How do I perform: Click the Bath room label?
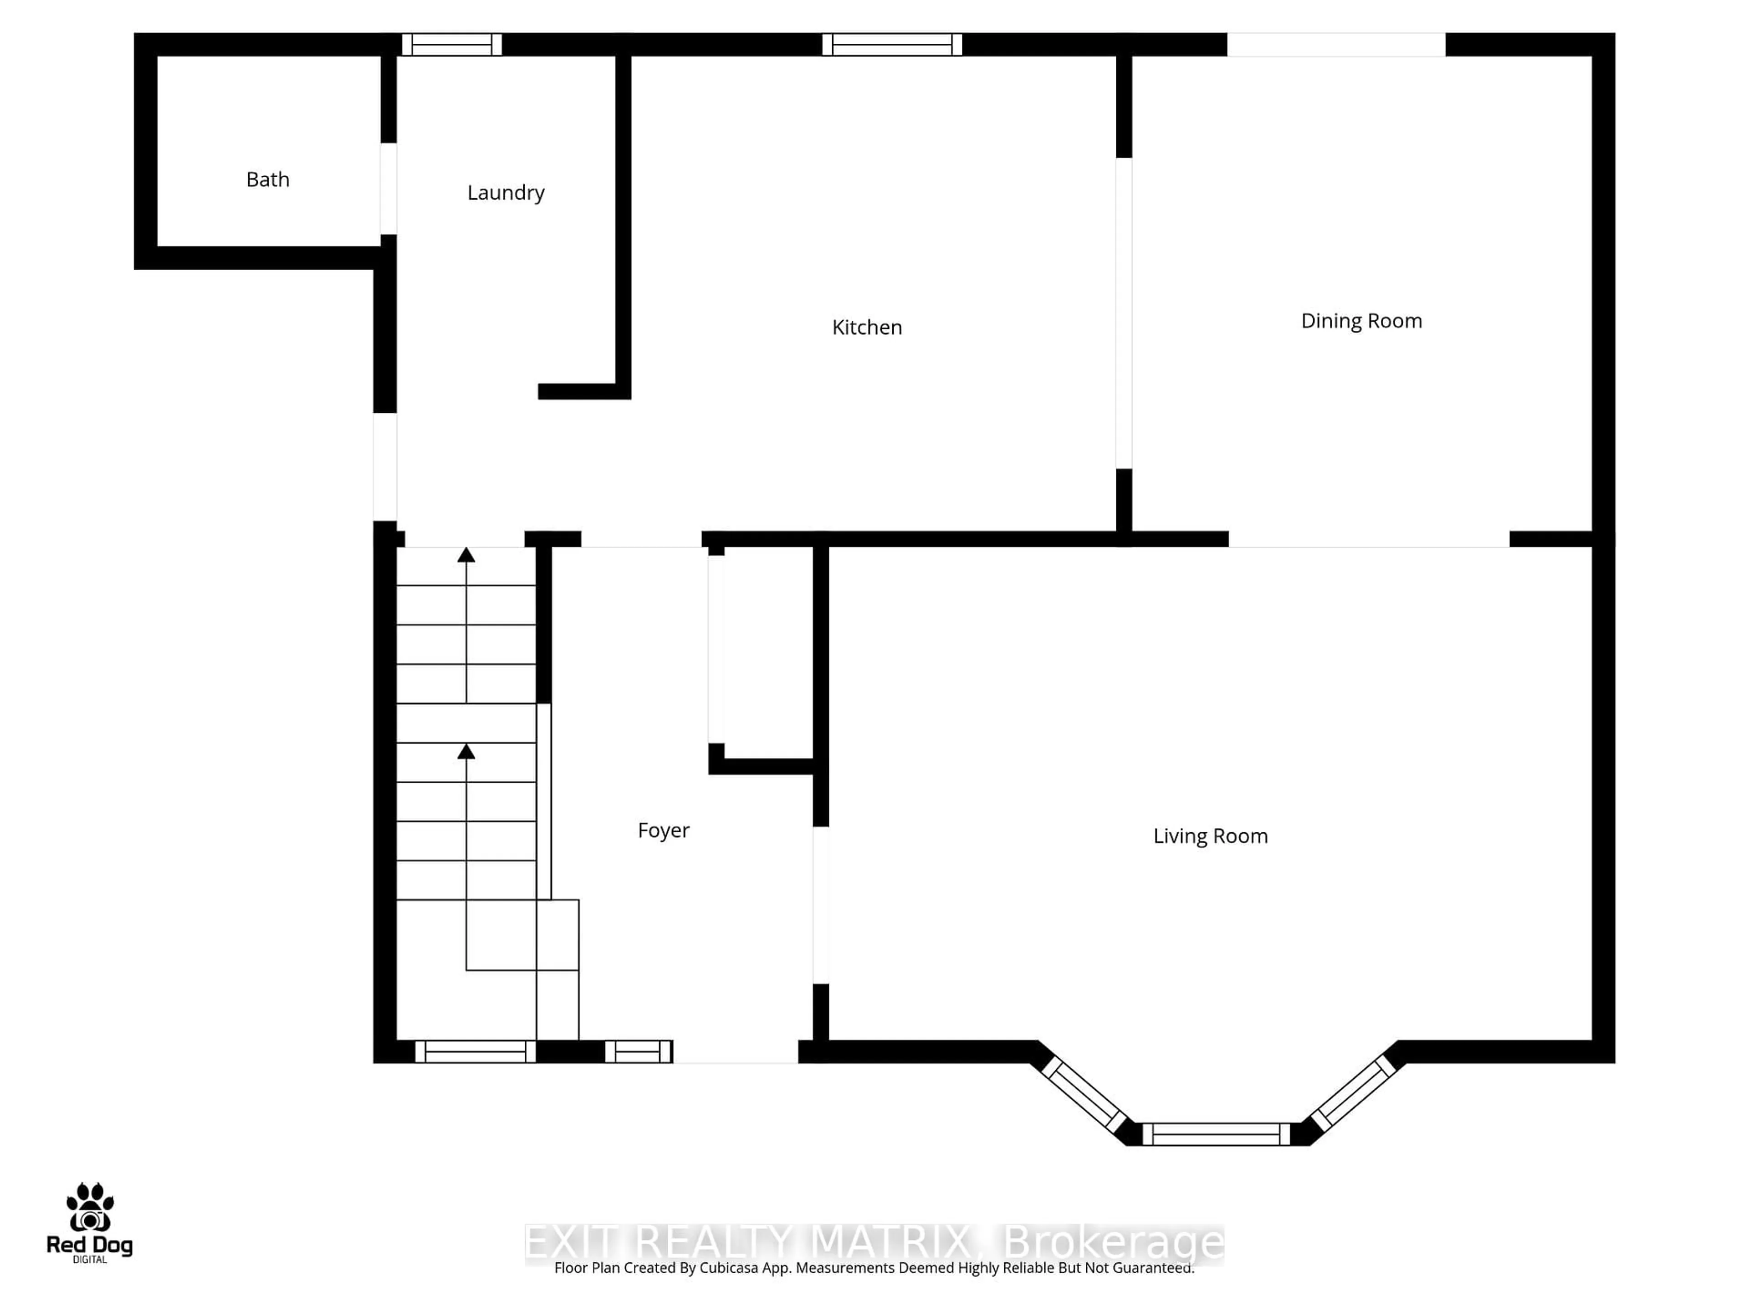pyautogui.click(x=267, y=179)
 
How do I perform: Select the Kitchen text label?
pyautogui.click(x=867, y=327)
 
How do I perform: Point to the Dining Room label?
pyautogui.click(x=1361, y=320)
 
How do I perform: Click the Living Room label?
pyautogui.click(x=1210, y=836)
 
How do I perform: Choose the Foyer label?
pyautogui.click(x=663, y=830)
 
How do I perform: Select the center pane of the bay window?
pyautogui.click(x=1216, y=1134)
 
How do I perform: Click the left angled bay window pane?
pyautogui.click(x=1084, y=1095)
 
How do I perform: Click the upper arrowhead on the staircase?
pyautogui.click(x=466, y=555)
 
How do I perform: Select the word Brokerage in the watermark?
pyautogui.click(x=1113, y=1241)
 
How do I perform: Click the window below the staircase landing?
pyautogui.click(x=475, y=1051)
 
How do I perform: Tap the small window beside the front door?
pyautogui.click(x=638, y=1051)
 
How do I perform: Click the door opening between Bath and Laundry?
pyautogui.click(x=388, y=188)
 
